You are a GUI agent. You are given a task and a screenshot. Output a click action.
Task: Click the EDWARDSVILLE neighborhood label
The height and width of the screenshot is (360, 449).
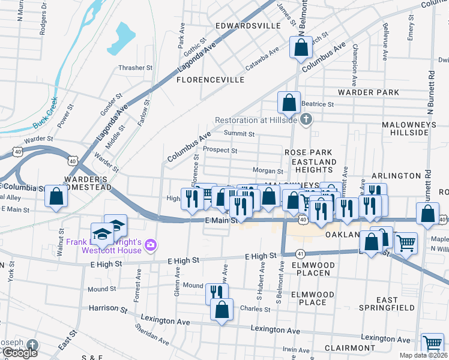click(248, 26)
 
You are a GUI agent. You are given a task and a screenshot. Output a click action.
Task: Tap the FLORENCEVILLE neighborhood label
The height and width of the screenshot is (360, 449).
click(210, 79)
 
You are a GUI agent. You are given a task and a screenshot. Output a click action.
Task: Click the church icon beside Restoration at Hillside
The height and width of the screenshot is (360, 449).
click(306, 119)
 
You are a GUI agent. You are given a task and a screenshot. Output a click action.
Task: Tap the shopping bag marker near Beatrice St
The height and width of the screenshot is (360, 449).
click(289, 103)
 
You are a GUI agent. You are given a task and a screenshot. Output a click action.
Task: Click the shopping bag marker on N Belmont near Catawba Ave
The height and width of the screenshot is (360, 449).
click(301, 47)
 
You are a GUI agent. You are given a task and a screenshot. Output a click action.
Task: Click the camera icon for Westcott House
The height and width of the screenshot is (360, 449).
click(150, 244)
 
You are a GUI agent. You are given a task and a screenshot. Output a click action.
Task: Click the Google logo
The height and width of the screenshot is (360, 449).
click(19, 353)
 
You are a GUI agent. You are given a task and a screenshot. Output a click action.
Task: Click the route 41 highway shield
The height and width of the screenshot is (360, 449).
click(300, 254)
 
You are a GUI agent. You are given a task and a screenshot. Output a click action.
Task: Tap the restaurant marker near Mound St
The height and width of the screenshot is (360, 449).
click(217, 293)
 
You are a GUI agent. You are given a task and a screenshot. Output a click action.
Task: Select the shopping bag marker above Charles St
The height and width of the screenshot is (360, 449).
click(221, 310)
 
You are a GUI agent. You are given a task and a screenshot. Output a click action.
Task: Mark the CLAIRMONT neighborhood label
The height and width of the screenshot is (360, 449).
click(349, 348)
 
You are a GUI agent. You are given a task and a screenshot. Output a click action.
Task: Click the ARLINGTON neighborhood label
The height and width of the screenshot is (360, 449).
click(397, 175)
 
